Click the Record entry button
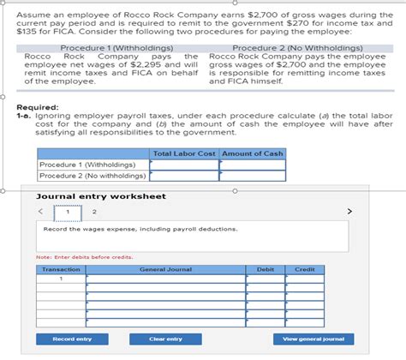pos(73,339)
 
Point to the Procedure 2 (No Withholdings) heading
pos(297,48)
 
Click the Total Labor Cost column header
pos(183,153)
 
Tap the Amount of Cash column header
pos(252,153)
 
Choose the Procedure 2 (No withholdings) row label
pos(92,175)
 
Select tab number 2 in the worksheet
pos(93,211)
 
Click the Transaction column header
pos(62,269)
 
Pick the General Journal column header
pos(167,269)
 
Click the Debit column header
pos(266,269)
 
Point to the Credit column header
pos(305,269)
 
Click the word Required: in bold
pos(37,108)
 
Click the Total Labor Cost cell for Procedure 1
pos(183,165)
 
